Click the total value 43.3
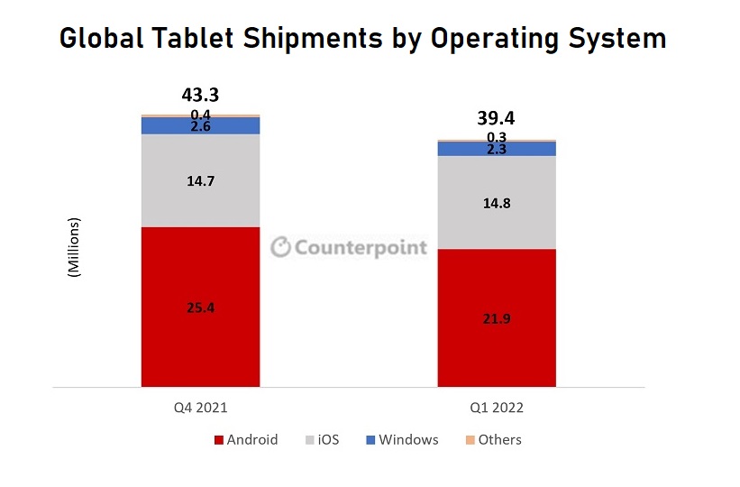[x=200, y=95]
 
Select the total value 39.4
[x=496, y=117]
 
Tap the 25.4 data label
[x=200, y=308]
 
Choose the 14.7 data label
[x=200, y=181]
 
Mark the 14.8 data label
[x=496, y=203]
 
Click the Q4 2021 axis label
[x=200, y=408]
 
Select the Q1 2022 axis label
[x=496, y=408]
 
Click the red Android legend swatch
[x=219, y=440]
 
